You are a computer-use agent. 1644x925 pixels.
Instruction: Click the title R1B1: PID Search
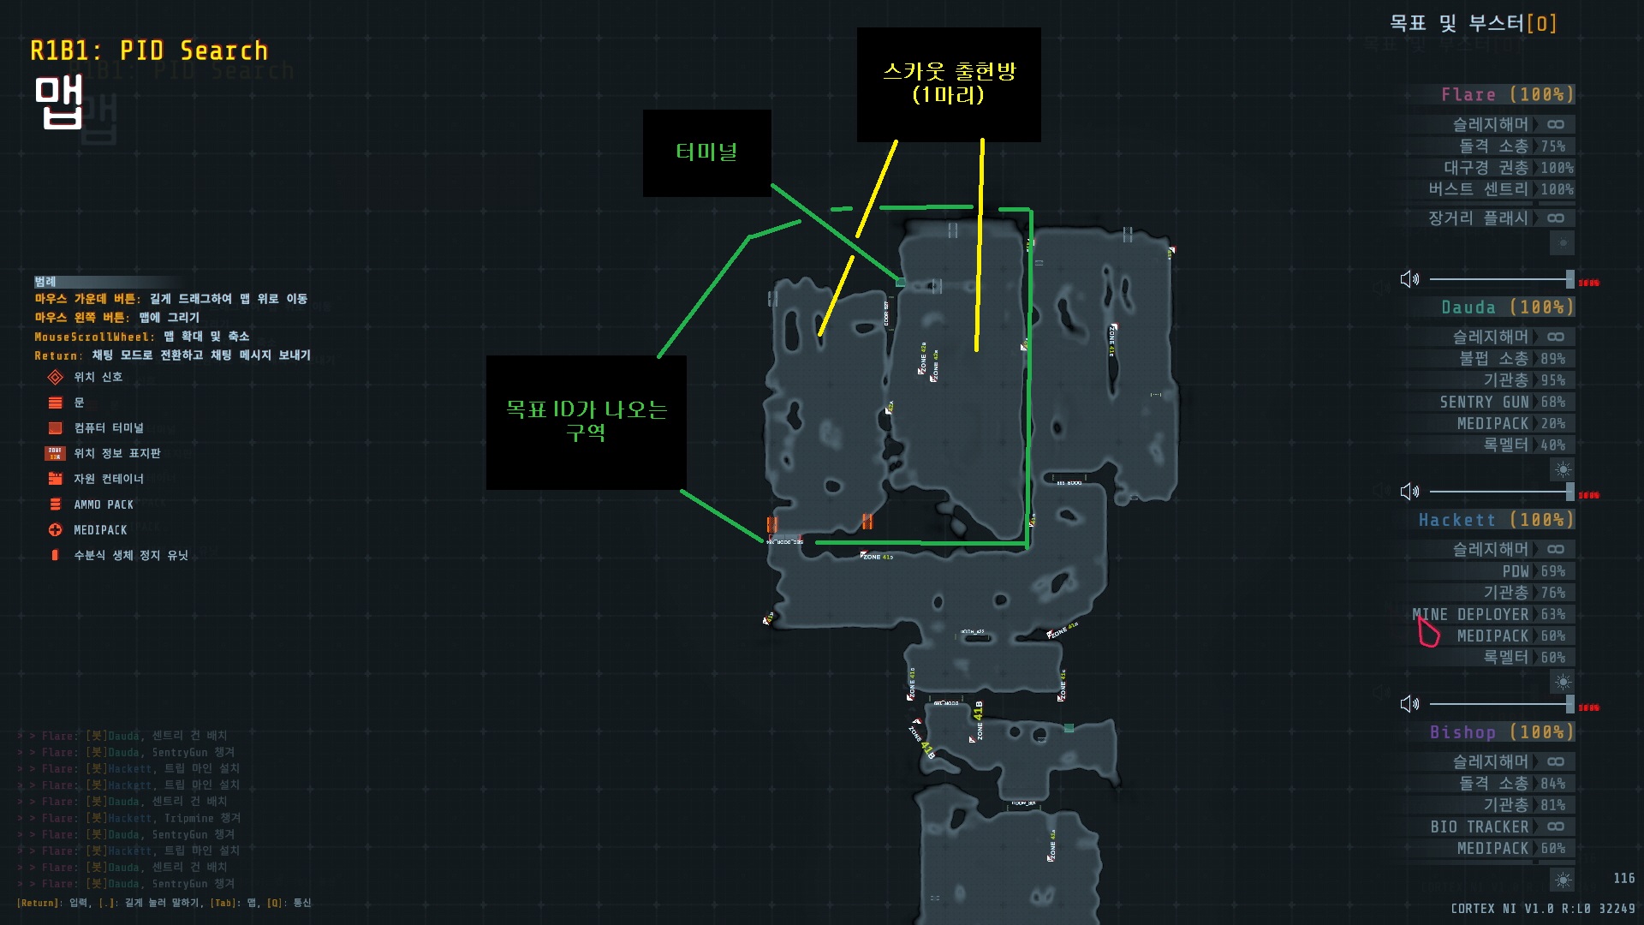(149, 51)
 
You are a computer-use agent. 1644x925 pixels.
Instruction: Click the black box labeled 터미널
(706, 152)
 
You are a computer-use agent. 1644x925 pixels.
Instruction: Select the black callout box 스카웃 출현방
(949, 83)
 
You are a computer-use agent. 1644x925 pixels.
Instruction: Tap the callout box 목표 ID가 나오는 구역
(586, 421)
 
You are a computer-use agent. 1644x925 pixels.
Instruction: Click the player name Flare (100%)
(1506, 94)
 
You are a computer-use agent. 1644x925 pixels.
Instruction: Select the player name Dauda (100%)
(1506, 307)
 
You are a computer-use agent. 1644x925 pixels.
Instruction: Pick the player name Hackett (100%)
(1495, 520)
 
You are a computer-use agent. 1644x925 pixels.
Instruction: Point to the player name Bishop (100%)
(1500, 732)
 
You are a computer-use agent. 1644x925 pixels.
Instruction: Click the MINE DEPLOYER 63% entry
(1488, 614)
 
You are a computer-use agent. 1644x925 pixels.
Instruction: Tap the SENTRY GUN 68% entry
(1501, 402)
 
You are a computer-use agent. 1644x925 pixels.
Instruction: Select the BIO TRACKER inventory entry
(1479, 827)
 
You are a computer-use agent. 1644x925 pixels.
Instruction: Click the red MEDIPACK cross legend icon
(56, 530)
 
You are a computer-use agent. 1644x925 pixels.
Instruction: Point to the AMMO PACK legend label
(104, 504)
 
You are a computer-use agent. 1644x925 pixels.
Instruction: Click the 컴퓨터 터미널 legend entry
(109, 427)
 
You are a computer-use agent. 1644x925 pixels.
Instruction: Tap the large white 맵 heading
(58, 102)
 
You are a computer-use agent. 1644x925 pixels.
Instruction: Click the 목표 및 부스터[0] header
(1472, 23)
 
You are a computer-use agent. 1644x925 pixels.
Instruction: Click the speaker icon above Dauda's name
(1409, 279)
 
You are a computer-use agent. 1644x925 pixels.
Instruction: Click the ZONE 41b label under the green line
(877, 557)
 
